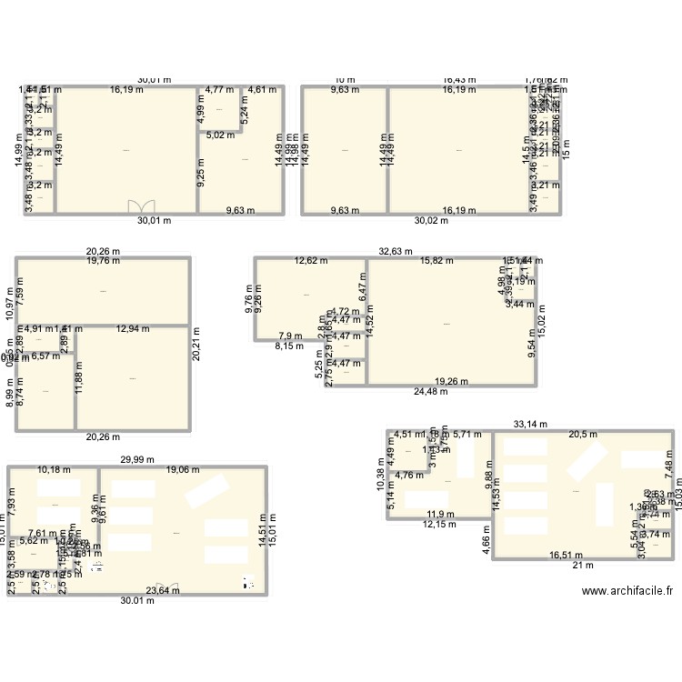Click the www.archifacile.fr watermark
[x=627, y=590]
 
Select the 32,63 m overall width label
[x=395, y=252]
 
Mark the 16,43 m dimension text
[x=460, y=80]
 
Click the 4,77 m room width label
[x=218, y=90]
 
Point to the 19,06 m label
[x=184, y=470]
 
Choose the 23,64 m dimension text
[x=165, y=590]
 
